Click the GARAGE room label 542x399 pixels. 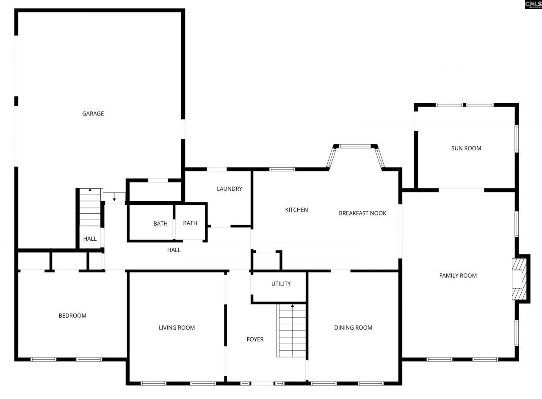tap(93, 113)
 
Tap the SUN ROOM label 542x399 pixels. tap(466, 148)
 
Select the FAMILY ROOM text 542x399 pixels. tap(458, 275)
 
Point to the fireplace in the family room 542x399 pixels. tap(519, 279)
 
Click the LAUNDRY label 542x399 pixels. tap(230, 189)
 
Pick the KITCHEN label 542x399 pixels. tap(296, 209)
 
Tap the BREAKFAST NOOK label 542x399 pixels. tap(362, 213)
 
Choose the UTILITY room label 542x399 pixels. tap(281, 283)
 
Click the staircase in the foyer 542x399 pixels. tap(292, 331)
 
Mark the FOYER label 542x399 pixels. tap(255, 339)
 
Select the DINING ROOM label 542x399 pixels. tap(353, 327)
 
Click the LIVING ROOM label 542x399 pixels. tap(177, 327)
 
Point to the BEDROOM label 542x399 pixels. tap(72, 315)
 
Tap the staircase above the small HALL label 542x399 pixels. tap(90, 208)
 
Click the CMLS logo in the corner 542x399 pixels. tap(533, 4)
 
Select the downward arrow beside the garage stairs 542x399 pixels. tap(114, 199)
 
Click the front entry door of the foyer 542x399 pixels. tap(262, 383)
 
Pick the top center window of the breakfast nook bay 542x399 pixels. tap(354, 146)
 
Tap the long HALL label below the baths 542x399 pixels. tap(174, 250)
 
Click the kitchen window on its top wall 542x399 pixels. tap(282, 169)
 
